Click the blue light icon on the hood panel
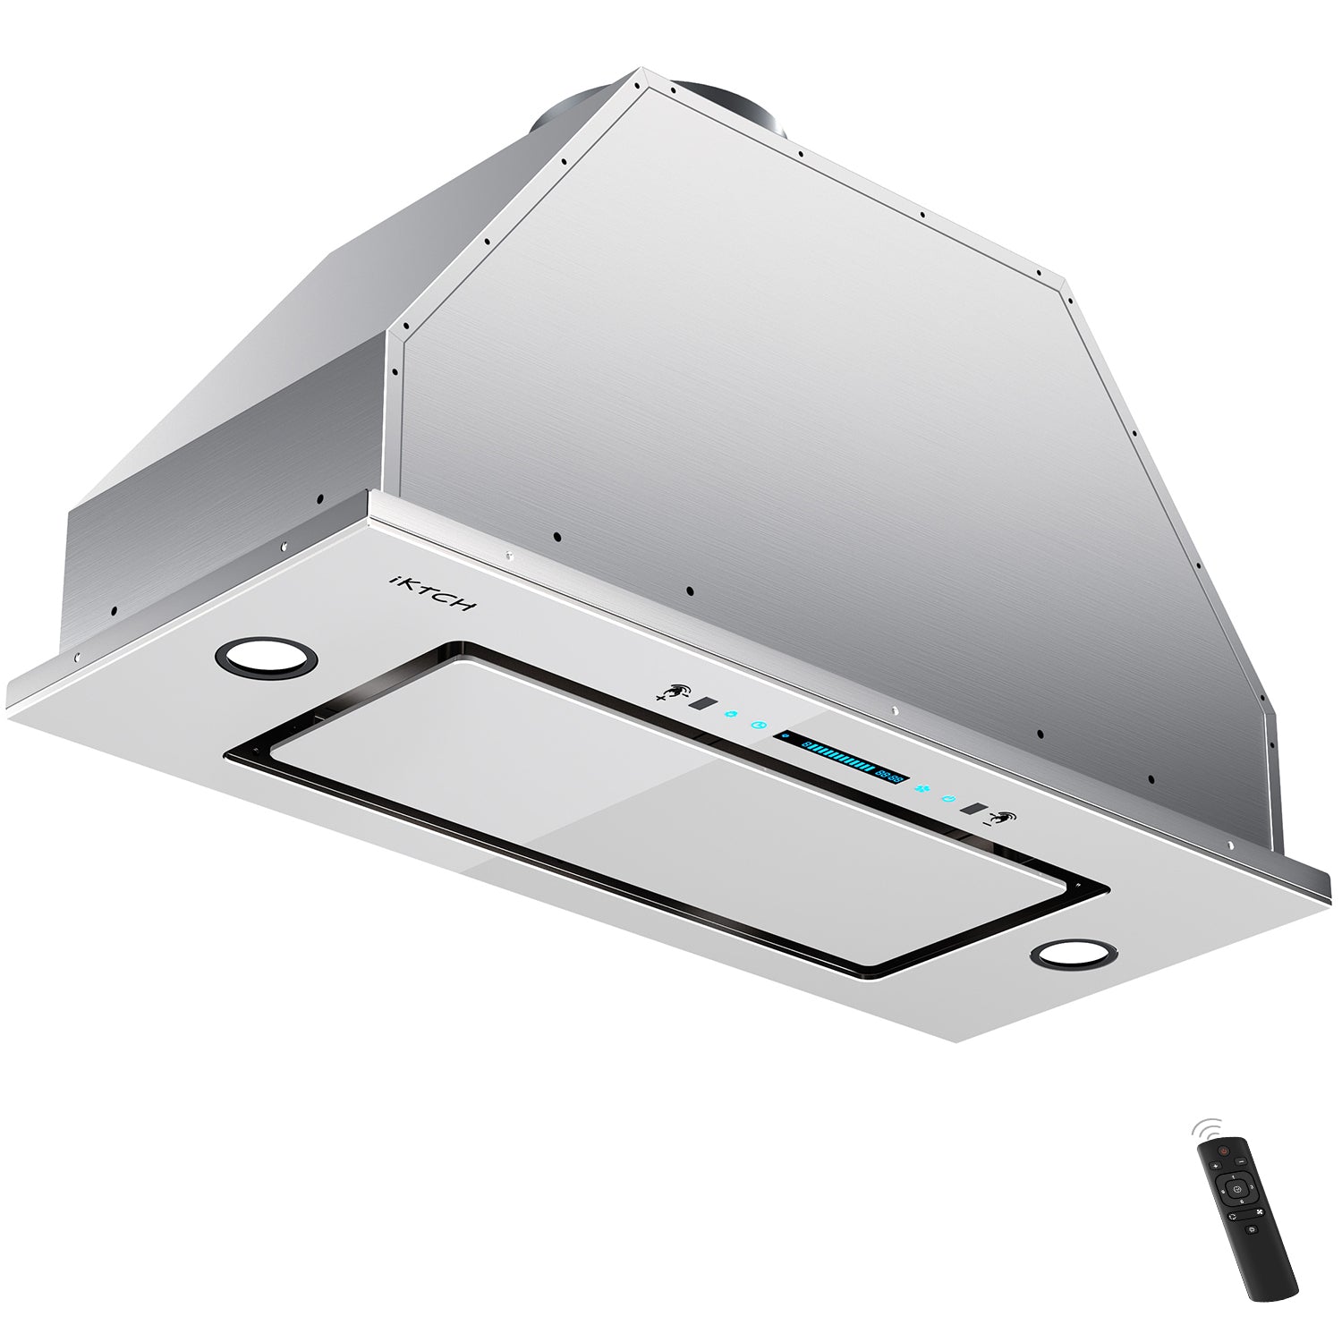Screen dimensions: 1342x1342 [x=732, y=715]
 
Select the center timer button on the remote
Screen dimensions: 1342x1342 [x=1237, y=1189]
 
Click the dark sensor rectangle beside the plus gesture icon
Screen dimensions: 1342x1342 [x=704, y=703]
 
